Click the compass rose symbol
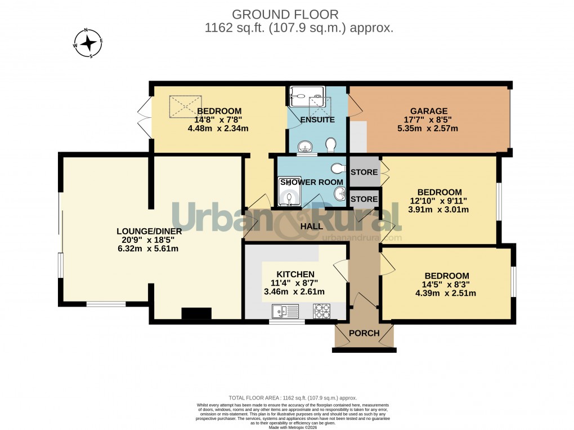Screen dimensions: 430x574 tap(88, 43)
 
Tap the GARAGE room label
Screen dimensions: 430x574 tap(428, 111)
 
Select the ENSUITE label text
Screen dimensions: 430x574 tap(317, 120)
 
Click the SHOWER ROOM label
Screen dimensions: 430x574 tap(312, 182)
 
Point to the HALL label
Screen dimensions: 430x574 tap(311, 226)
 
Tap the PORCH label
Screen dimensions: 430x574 tap(364, 333)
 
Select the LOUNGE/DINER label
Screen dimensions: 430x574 tap(148, 231)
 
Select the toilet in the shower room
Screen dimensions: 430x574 tap(338, 168)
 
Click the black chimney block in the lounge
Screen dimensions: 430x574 tap(196, 314)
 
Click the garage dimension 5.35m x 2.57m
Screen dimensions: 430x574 tap(428, 128)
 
